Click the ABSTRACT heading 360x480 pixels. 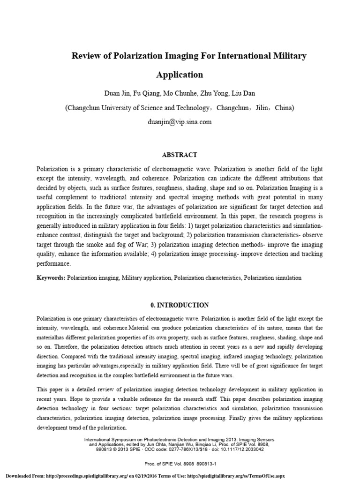(180, 155)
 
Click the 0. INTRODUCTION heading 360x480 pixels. (180, 305)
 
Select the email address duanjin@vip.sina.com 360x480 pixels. (180, 122)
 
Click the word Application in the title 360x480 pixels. (180, 75)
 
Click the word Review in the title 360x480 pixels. (85, 56)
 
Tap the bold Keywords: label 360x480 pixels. (51, 278)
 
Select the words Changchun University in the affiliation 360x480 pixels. (98, 108)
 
